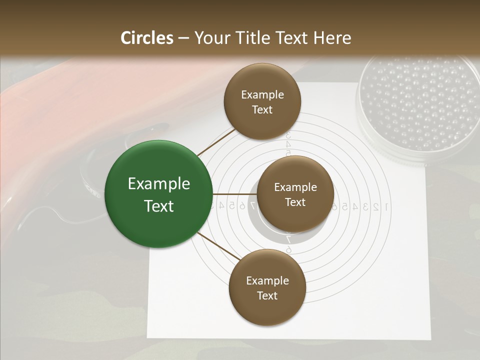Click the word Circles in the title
(x=147, y=38)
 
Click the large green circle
(x=158, y=194)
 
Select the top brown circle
(x=262, y=101)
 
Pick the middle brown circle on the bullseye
(x=295, y=194)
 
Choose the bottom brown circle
(x=267, y=287)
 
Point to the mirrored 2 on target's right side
(x=376, y=206)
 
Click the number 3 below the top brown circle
(x=288, y=135)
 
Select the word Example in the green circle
(x=158, y=184)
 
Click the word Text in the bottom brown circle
(x=267, y=295)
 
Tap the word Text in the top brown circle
(x=262, y=109)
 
